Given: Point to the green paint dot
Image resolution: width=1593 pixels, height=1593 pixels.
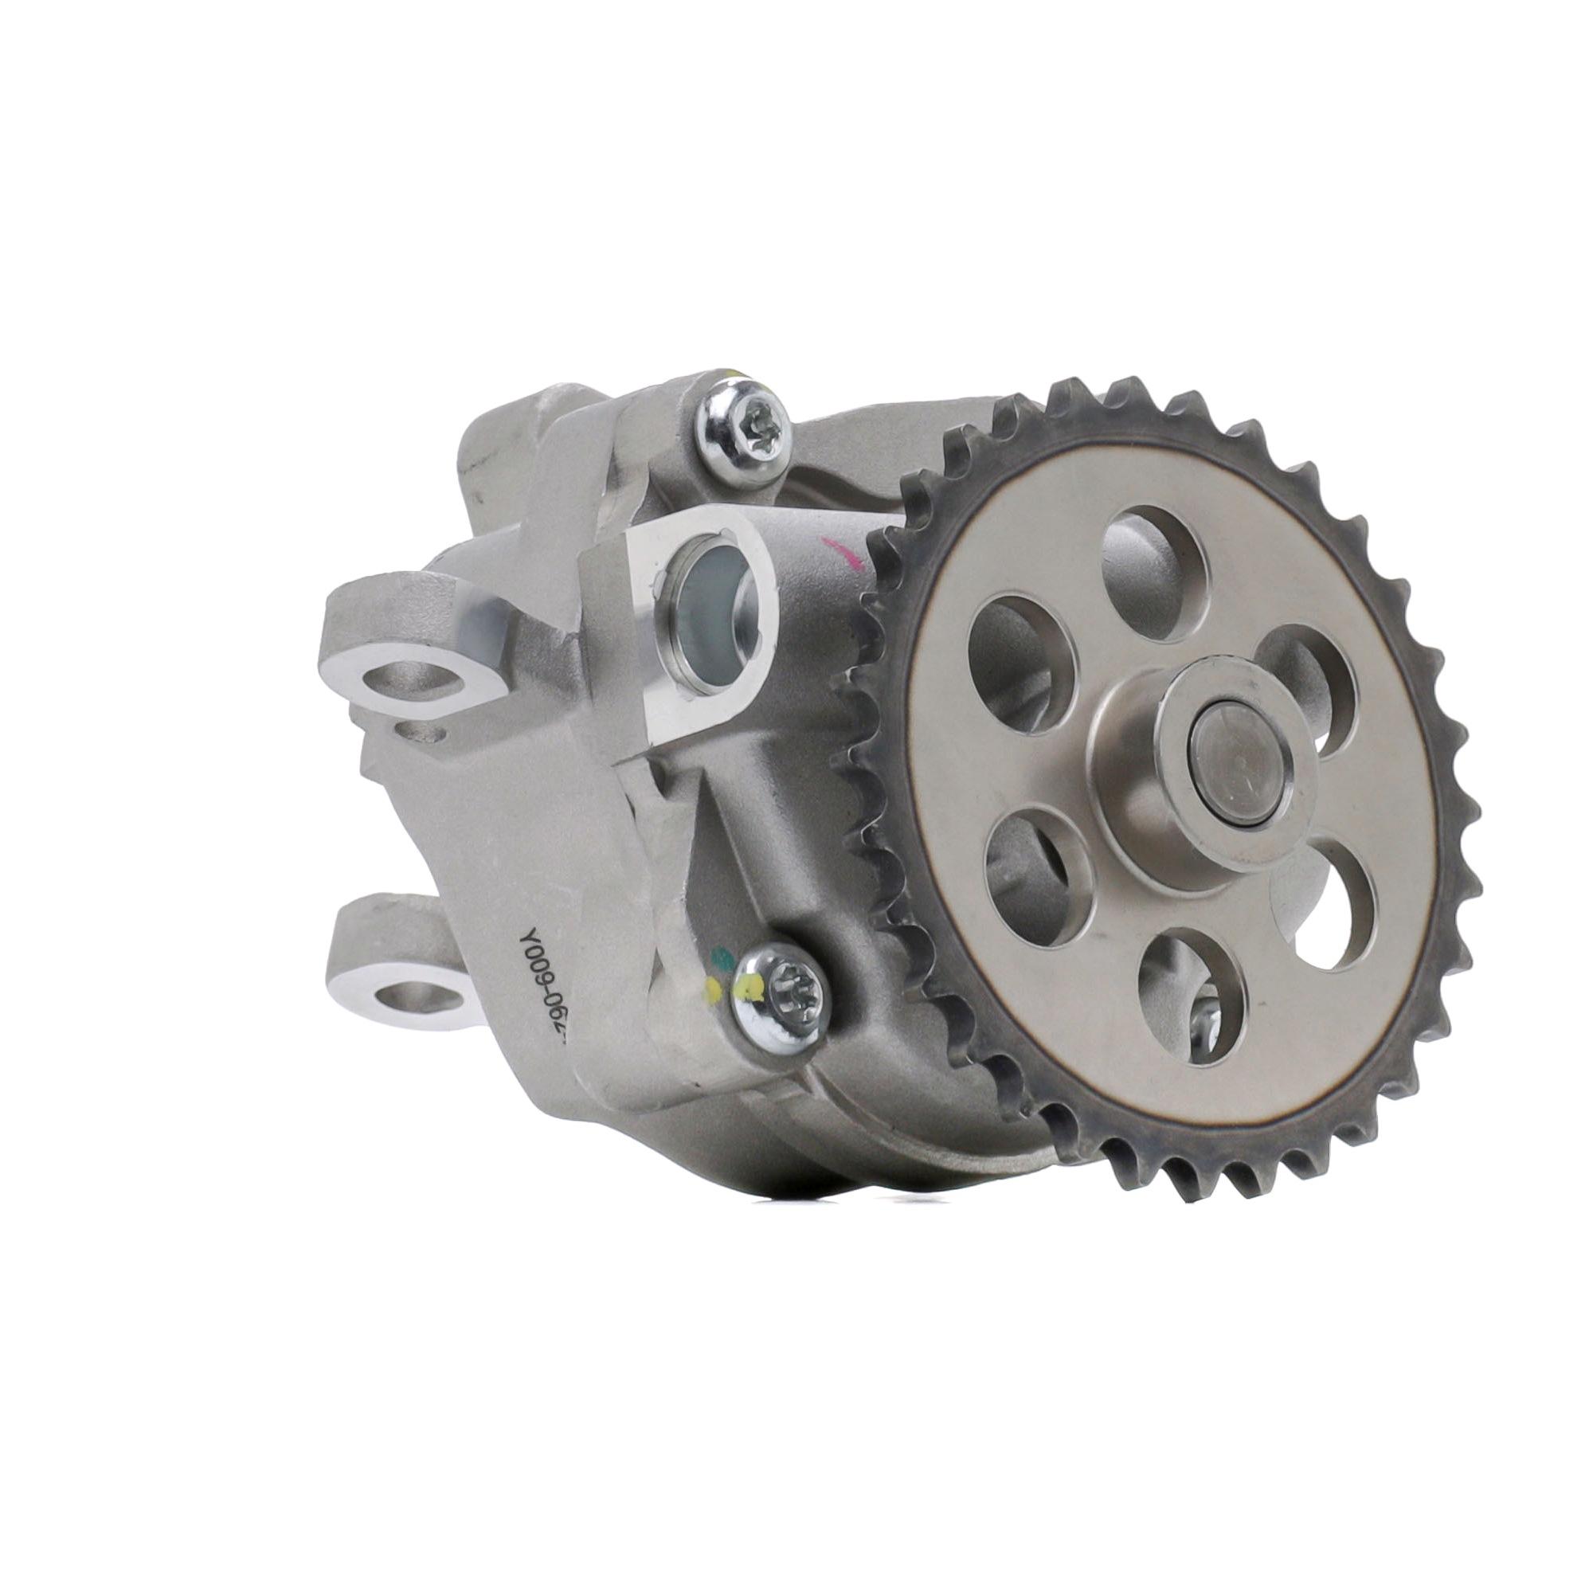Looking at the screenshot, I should pyautogui.click(x=723, y=958).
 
